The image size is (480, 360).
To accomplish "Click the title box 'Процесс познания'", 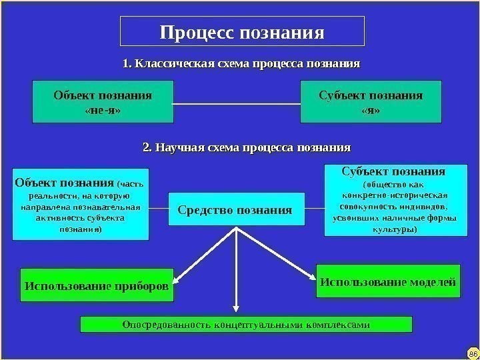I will point(242,31).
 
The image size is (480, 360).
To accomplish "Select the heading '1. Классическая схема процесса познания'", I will point(241,65).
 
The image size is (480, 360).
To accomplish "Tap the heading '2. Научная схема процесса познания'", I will point(247,146).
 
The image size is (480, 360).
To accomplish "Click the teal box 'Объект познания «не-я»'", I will point(102,102).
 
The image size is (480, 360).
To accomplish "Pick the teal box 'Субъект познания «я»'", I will point(371,102).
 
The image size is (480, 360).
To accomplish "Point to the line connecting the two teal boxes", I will point(237,103).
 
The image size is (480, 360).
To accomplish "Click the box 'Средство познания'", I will point(235,210).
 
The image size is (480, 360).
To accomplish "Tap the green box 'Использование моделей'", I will point(388,283).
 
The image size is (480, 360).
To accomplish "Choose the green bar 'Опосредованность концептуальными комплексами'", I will point(246,325).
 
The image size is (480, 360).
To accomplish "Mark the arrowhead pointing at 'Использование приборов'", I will point(178,279).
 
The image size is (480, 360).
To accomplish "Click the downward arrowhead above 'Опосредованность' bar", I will point(235,308).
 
